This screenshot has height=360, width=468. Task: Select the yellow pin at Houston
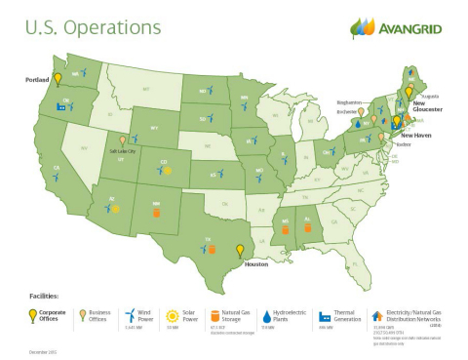tap(240, 250)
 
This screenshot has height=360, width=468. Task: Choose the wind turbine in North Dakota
tap(208, 91)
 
